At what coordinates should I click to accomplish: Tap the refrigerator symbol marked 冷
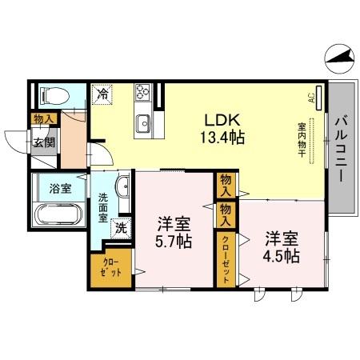[x=103, y=94]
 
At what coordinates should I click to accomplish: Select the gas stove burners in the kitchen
[x=144, y=93]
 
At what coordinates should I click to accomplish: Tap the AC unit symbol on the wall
[x=319, y=98]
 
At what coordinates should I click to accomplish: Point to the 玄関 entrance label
[x=44, y=144]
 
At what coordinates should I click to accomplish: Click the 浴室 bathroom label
[x=59, y=190]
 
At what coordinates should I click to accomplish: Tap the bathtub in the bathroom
[x=58, y=216]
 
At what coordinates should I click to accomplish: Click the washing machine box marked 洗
[x=120, y=227]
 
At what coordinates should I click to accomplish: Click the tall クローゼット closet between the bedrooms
[x=226, y=257]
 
